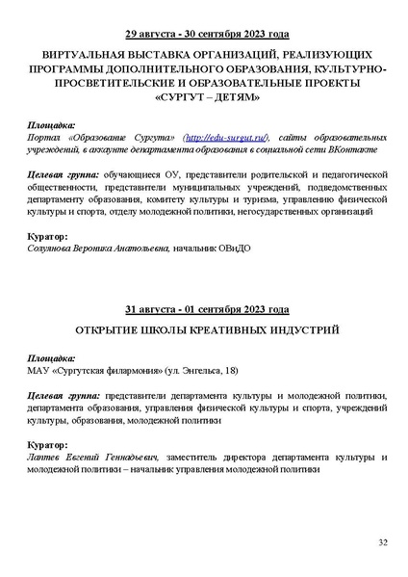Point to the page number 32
(x=382, y=543)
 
